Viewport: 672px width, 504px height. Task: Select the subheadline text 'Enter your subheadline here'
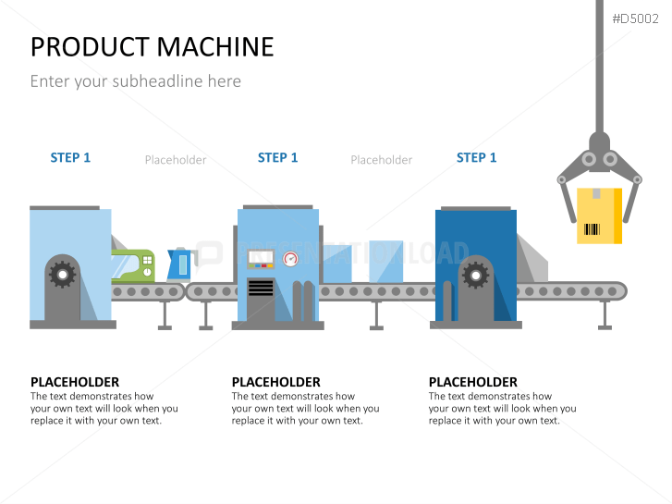[x=135, y=81]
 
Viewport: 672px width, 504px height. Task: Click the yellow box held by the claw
[x=599, y=215]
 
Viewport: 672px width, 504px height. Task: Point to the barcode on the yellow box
[x=593, y=229]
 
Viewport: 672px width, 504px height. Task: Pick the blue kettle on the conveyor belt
[x=178, y=264]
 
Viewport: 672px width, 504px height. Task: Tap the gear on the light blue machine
[x=62, y=273]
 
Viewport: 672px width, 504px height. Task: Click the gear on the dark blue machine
[x=474, y=274]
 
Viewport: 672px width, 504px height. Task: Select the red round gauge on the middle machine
[x=291, y=258]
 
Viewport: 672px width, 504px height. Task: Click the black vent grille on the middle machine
[x=261, y=287]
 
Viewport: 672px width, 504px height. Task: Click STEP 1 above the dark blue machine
[x=476, y=158]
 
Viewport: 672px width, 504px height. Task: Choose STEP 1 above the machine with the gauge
[x=277, y=158]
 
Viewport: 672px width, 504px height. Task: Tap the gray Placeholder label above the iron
[x=176, y=160]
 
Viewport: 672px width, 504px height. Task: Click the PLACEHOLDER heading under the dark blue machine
[x=472, y=382]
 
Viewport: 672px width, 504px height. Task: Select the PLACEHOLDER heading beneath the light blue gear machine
[x=75, y=382]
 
